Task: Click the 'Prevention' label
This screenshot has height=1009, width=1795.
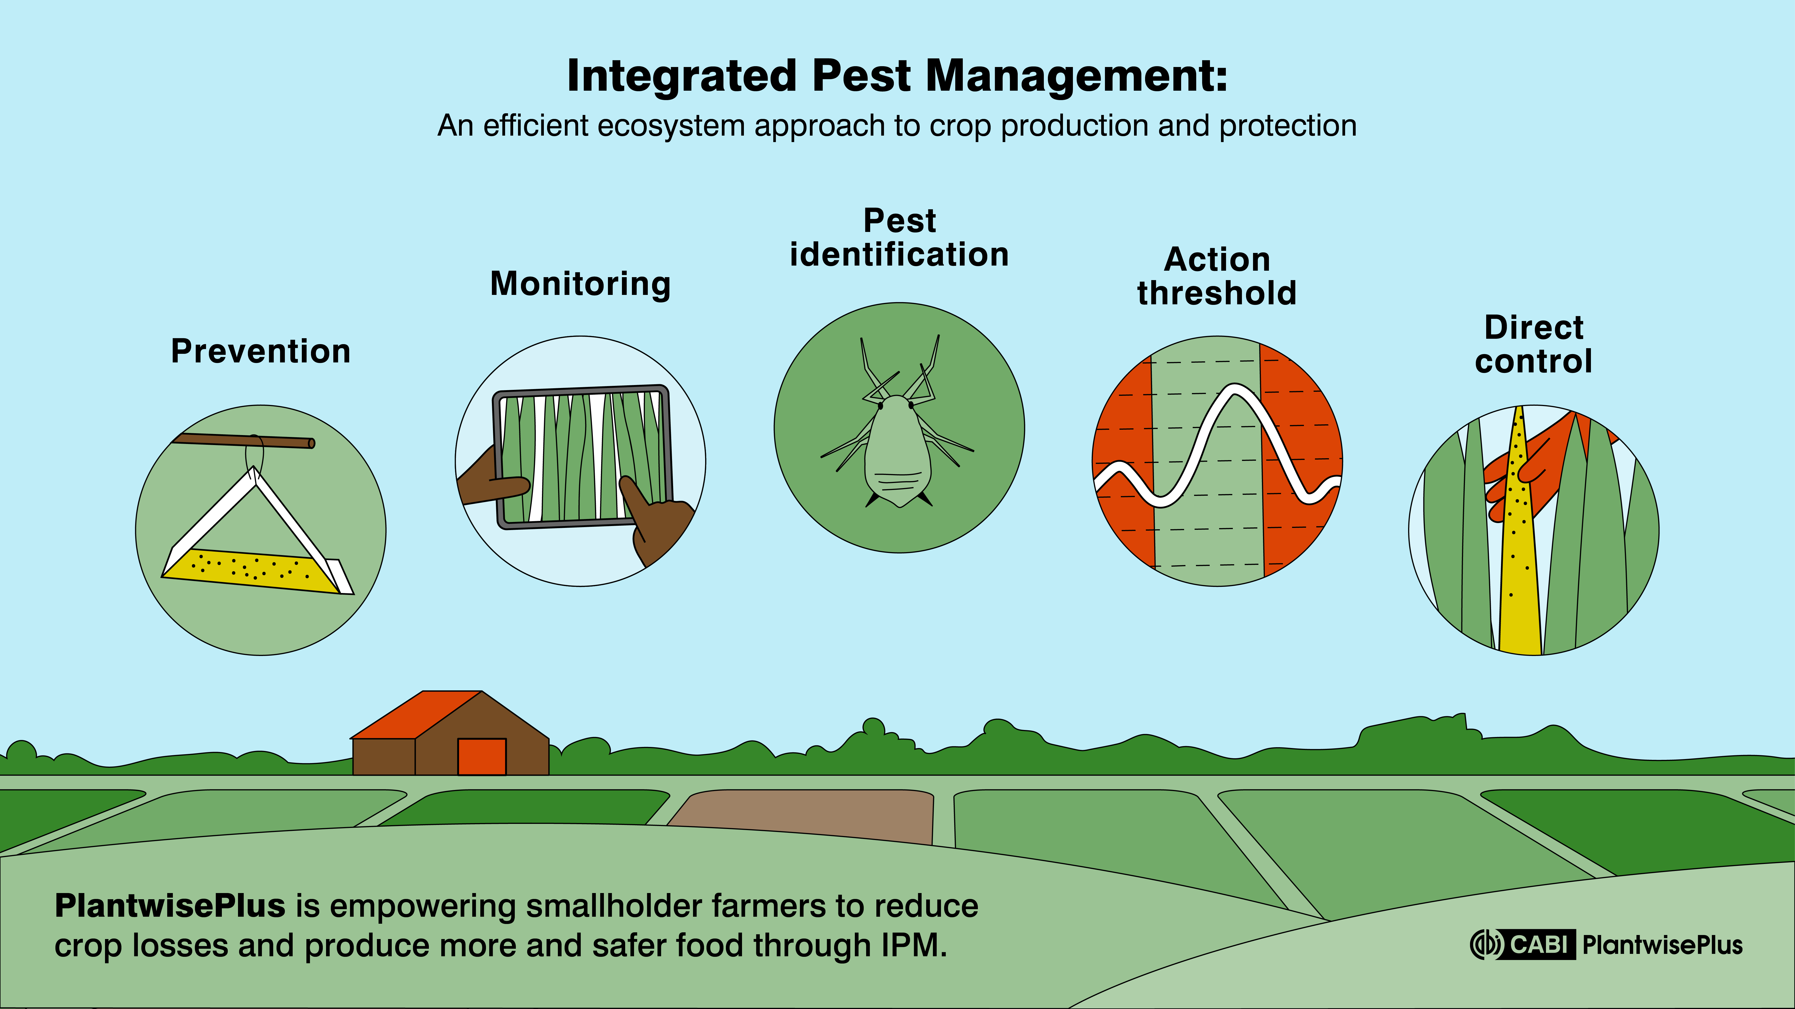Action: (x=261, y=351)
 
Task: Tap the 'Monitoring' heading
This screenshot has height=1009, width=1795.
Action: (x=580, y=284)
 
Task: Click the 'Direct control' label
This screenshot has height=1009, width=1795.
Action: (x=1534, y=344)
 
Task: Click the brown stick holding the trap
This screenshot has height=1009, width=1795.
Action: (x=244, y=440)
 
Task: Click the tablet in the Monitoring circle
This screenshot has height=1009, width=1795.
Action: (x=582, y=456)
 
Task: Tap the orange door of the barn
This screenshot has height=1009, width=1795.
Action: (x=481, y=756)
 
